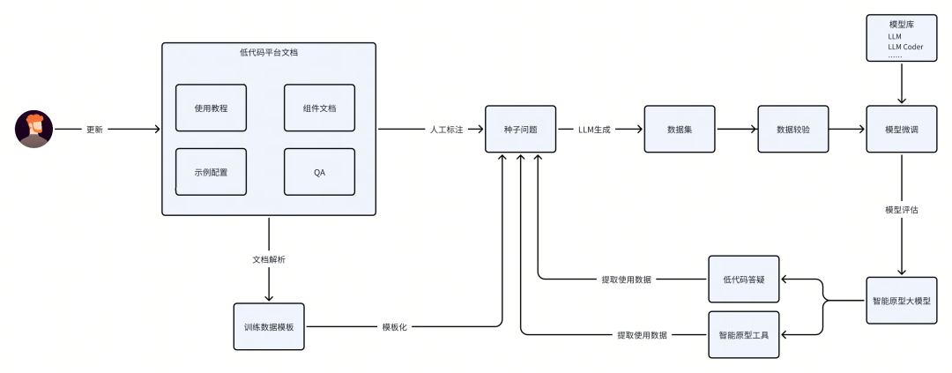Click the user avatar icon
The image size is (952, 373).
pyautogui.click(x=34, y=129)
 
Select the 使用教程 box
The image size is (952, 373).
pyautogui.click(x=211, y=108)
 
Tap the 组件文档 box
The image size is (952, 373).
pyautogui.click(x=319, y=108)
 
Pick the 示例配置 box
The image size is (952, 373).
pyautogui.click(x=211, y=171)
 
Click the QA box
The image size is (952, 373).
pyautogui.click(x=319, y=171)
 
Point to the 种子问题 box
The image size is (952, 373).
pyautogui.click(x=521, y=129)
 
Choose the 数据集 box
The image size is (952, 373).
pyautogui.click(x=679, y=129)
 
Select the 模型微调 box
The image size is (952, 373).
pyautogui.click(x=902, y=129)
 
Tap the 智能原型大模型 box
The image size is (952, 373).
pyautogui.click(x=902, y=301)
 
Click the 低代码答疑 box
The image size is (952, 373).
pyautogui.click(x=745, y=280)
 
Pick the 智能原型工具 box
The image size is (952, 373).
pyautogui.click(x=745, y=334)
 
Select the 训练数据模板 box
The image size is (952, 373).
pyautogui.click(x=269, y=326)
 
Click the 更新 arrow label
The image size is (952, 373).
pyautogui.click(x=94, y=129)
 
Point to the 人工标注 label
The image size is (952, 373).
pyautogui.click(x=447, y=129)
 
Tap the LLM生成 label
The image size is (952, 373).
pyautogui.click(x=595, y=129)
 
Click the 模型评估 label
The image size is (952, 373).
pyautogui.click(x=902, y=210)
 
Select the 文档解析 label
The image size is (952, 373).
pyautogui.click(x=269, y=260)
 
